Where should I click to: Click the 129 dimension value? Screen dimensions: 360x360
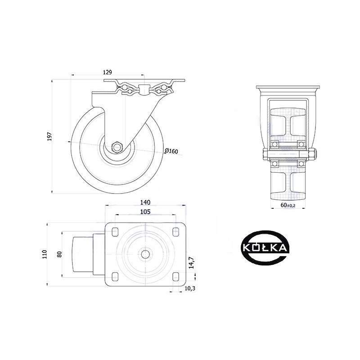[x=107, y=72]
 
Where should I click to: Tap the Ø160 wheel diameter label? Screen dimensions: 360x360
[x=171, y=151]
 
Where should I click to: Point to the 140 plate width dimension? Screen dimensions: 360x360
[x=145, y=202]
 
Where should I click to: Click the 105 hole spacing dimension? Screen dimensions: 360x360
[x=145, y=211]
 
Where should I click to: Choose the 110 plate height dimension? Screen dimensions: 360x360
[x=44, y=254]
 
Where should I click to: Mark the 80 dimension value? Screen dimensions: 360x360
[x=59, y=254]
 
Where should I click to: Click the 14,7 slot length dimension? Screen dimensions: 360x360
[x=192, y=263]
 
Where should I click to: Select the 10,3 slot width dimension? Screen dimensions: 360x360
[x=189, y=288]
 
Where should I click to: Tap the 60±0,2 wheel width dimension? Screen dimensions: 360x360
[x=288, y=205]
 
